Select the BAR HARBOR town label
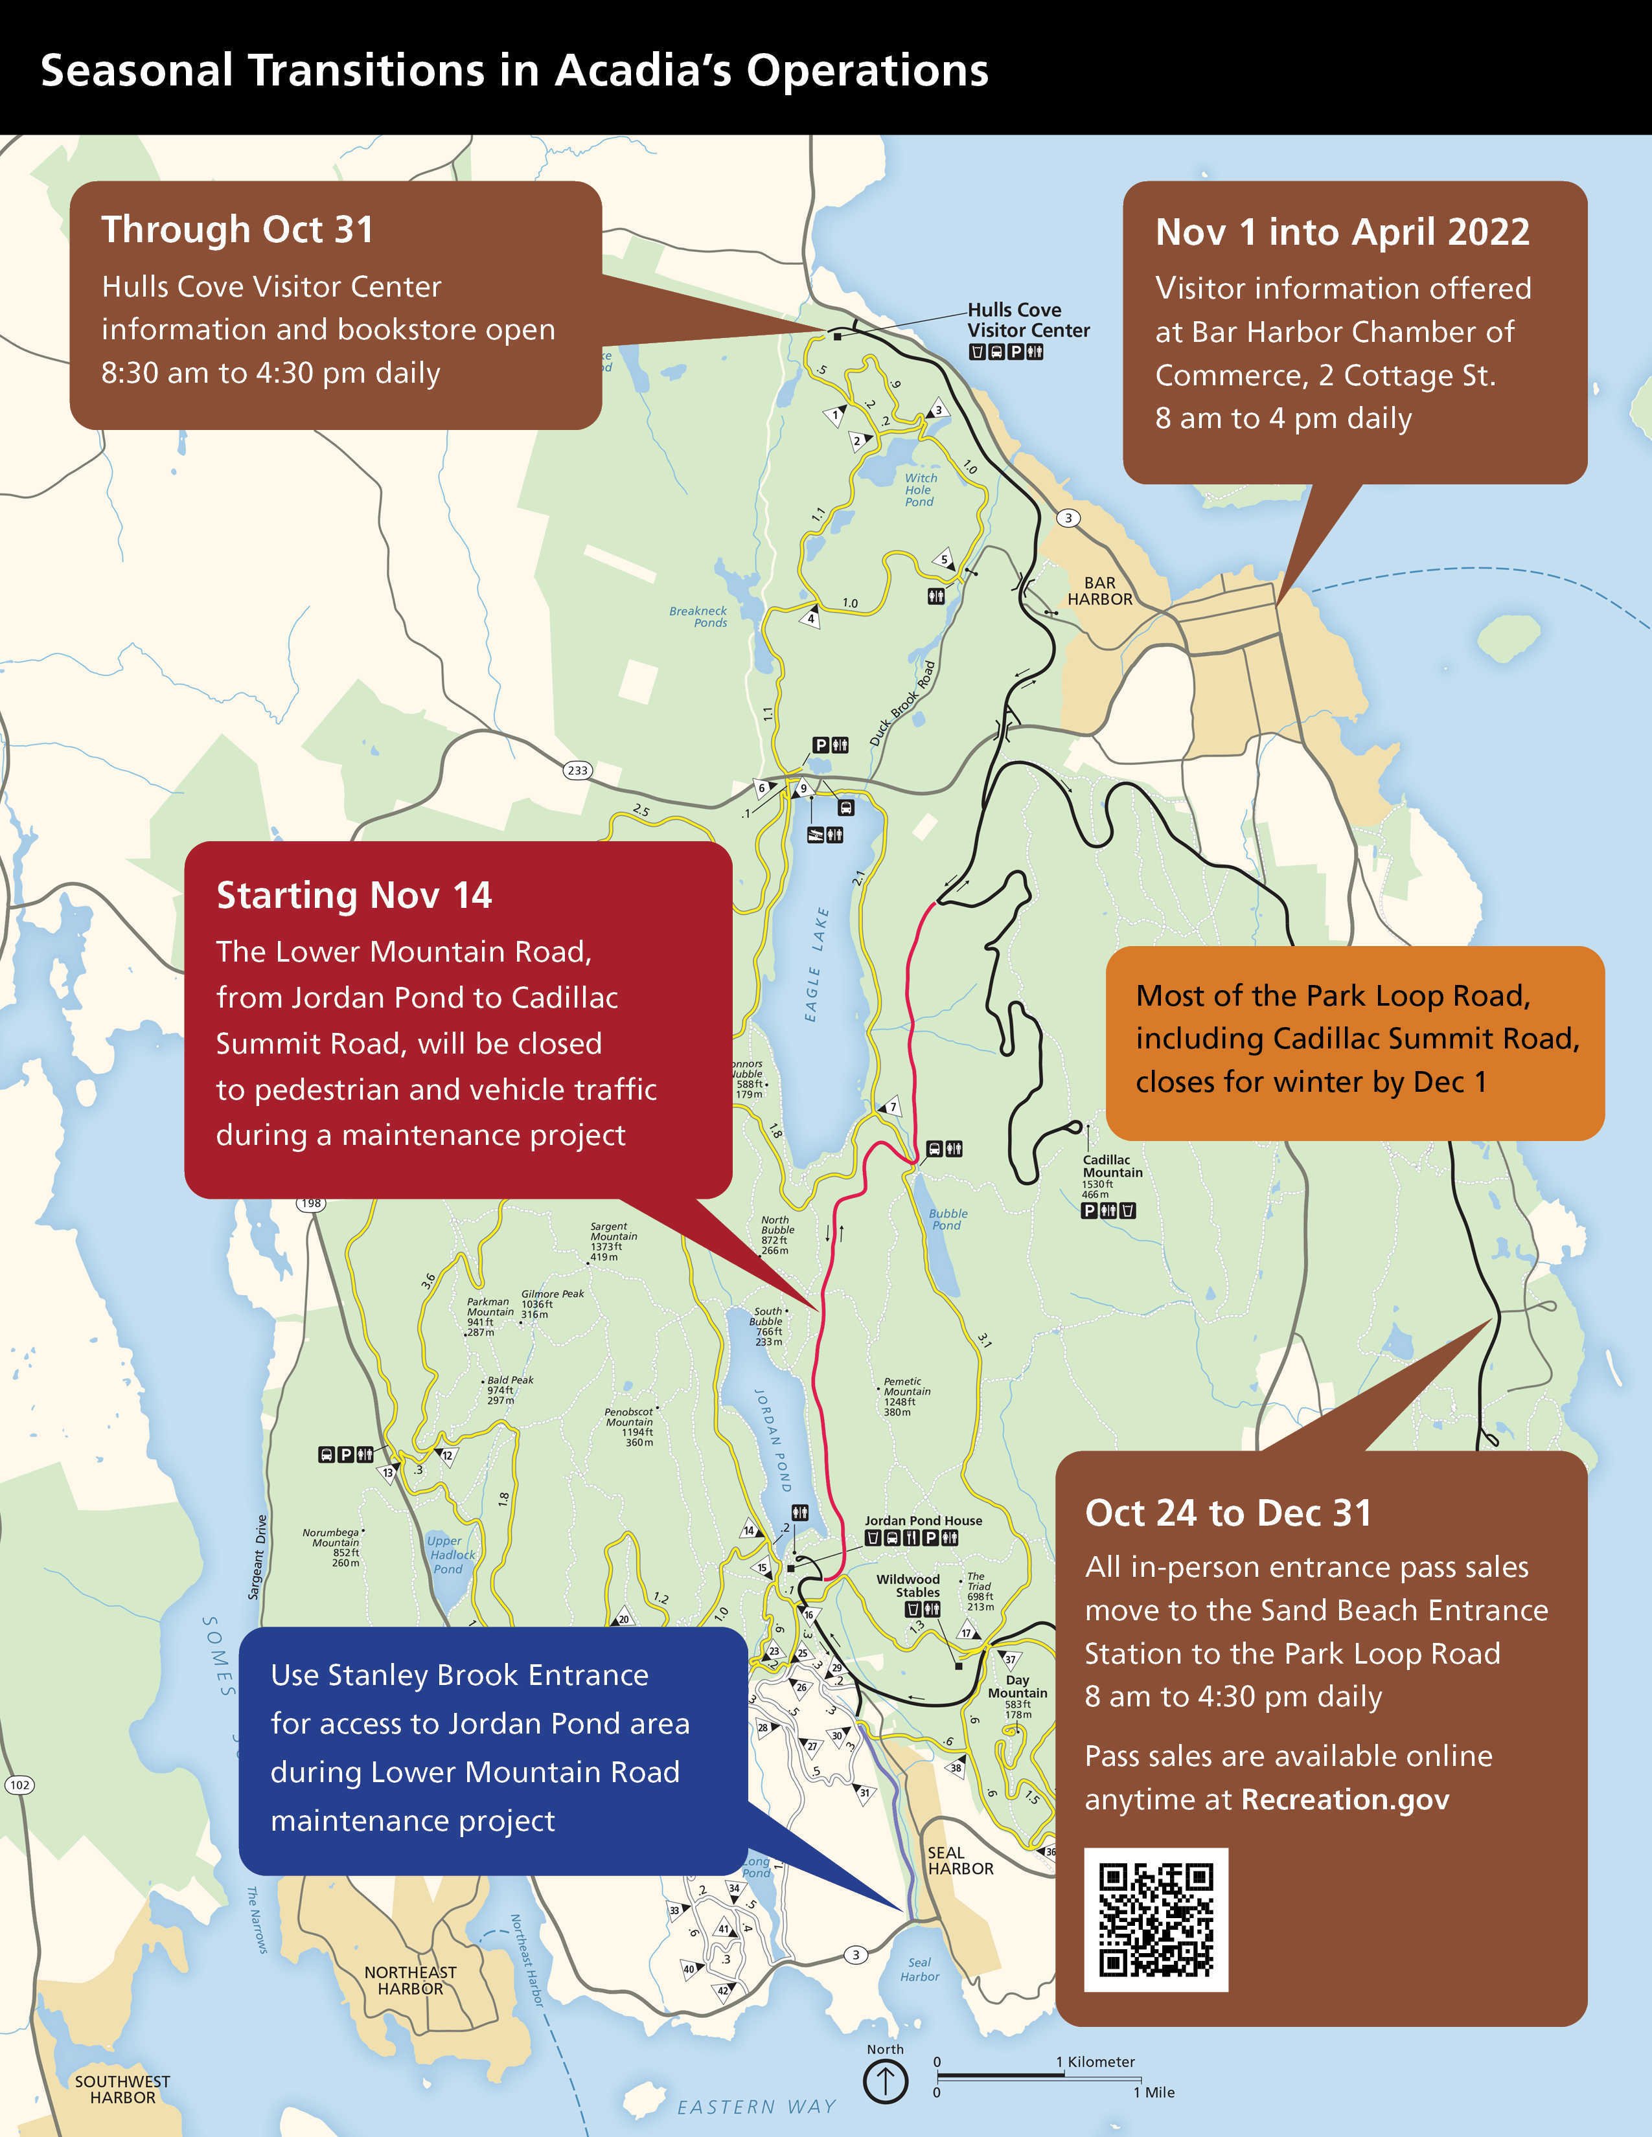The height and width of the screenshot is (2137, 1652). tap(1100, 591)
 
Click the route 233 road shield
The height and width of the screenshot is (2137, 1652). tap(577, 770)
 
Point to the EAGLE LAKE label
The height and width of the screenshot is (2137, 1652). tap(816, 964)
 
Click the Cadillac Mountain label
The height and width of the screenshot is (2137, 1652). tap(1112, 1166)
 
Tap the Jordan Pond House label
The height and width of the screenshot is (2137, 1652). tap(923, 1521)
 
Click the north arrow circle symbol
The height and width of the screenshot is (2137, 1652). tap(886, 2080)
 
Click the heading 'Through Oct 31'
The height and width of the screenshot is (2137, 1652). tap(237, 230)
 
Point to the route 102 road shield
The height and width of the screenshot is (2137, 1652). tap(19, 1785)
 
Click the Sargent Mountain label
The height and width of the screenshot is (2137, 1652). tap(613, 1236)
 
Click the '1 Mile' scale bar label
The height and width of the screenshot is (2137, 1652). tap(1154, 2092)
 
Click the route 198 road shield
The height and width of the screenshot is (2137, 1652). tap(311, 1203)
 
